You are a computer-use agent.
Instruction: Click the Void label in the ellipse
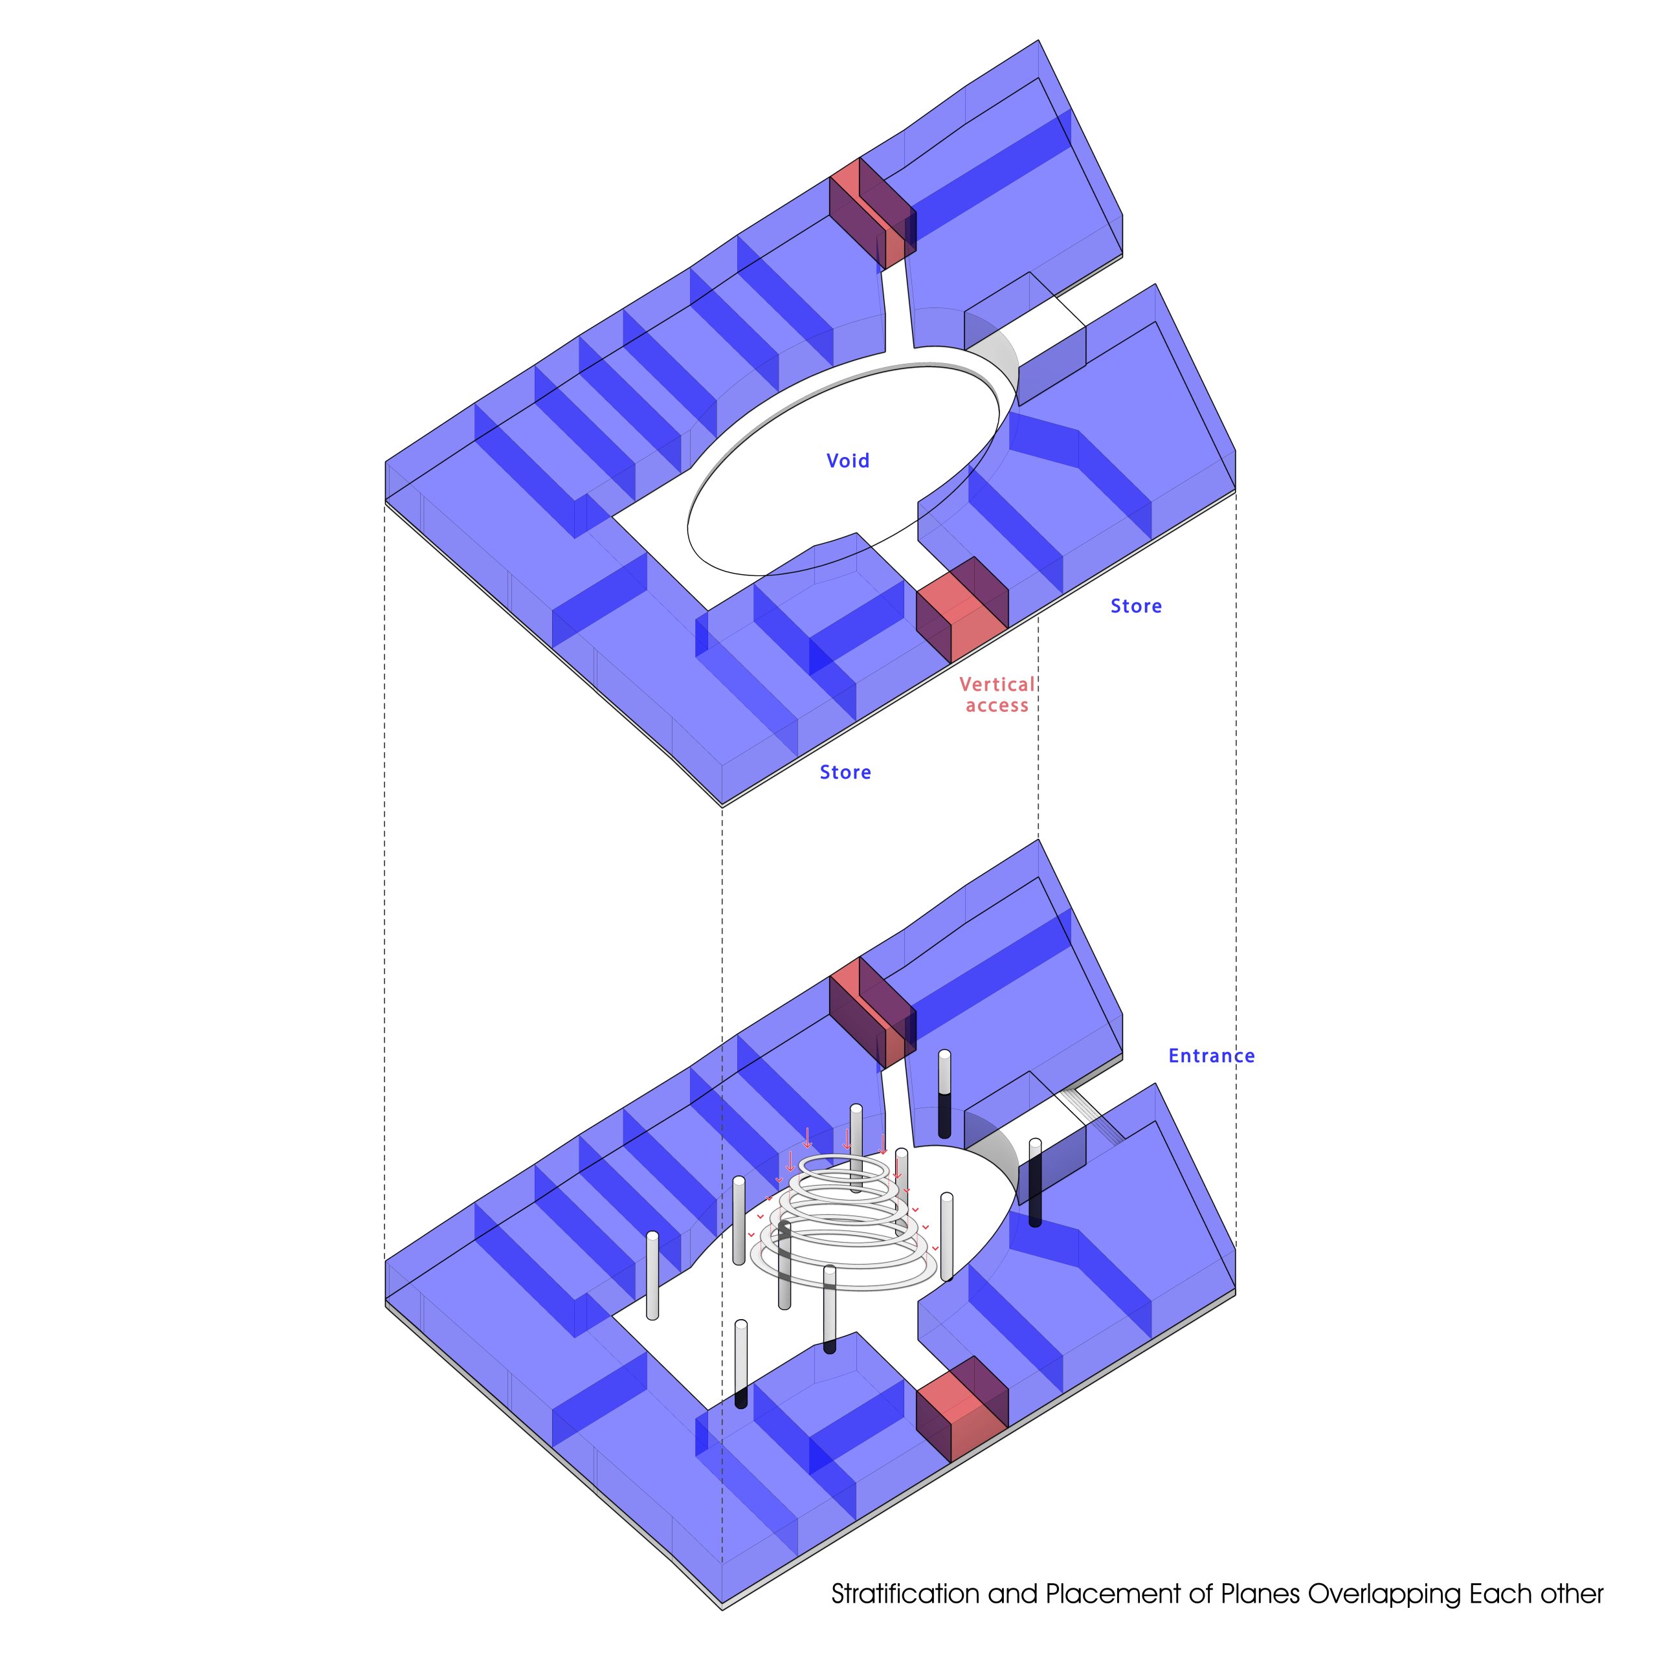pos(847,461)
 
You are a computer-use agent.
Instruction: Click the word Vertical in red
pos(997,684)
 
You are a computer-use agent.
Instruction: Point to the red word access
pos(997,706)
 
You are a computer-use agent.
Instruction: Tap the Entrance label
pos(1211,1056)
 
